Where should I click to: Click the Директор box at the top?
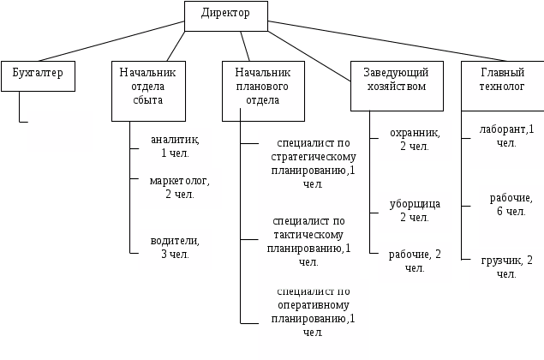225,15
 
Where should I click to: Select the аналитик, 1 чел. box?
174,147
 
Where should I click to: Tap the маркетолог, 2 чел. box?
179,188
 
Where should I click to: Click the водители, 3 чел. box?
175,249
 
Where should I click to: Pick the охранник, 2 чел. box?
415,140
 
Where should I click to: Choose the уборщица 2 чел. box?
415,212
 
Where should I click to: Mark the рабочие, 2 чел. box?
415,261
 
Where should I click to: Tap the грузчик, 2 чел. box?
506,267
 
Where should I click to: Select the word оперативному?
313,304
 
